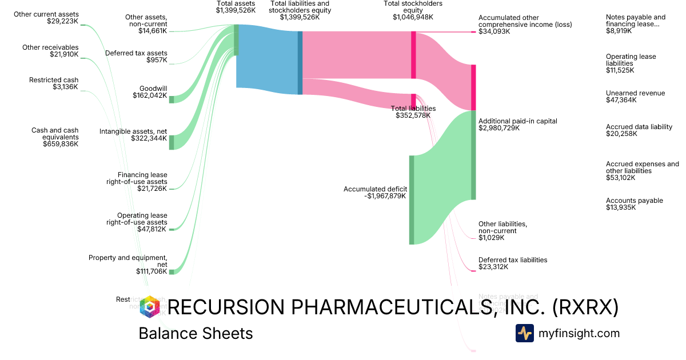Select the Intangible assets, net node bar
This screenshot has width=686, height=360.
(171, 142)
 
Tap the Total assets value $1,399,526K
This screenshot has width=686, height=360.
(236, 10)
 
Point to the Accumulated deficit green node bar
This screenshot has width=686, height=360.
(411, 199)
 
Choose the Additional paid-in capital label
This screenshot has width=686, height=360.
(509, 121)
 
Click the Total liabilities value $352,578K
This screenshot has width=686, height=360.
(413, 115)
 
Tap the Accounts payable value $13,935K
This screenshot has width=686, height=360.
(621, 207)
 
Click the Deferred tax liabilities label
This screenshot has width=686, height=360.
(513, 260)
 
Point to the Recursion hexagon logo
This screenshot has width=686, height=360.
(150, 307)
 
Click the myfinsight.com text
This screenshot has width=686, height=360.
(579, 333)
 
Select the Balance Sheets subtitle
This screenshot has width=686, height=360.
(196, 333)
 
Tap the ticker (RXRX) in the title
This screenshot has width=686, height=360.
(585, 307)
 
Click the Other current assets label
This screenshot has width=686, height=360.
(47, 14)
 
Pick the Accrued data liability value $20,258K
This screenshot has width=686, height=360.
(621, 134)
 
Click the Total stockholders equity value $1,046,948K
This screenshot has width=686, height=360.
(413, 17)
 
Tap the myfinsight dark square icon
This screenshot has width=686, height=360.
(524, 333)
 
